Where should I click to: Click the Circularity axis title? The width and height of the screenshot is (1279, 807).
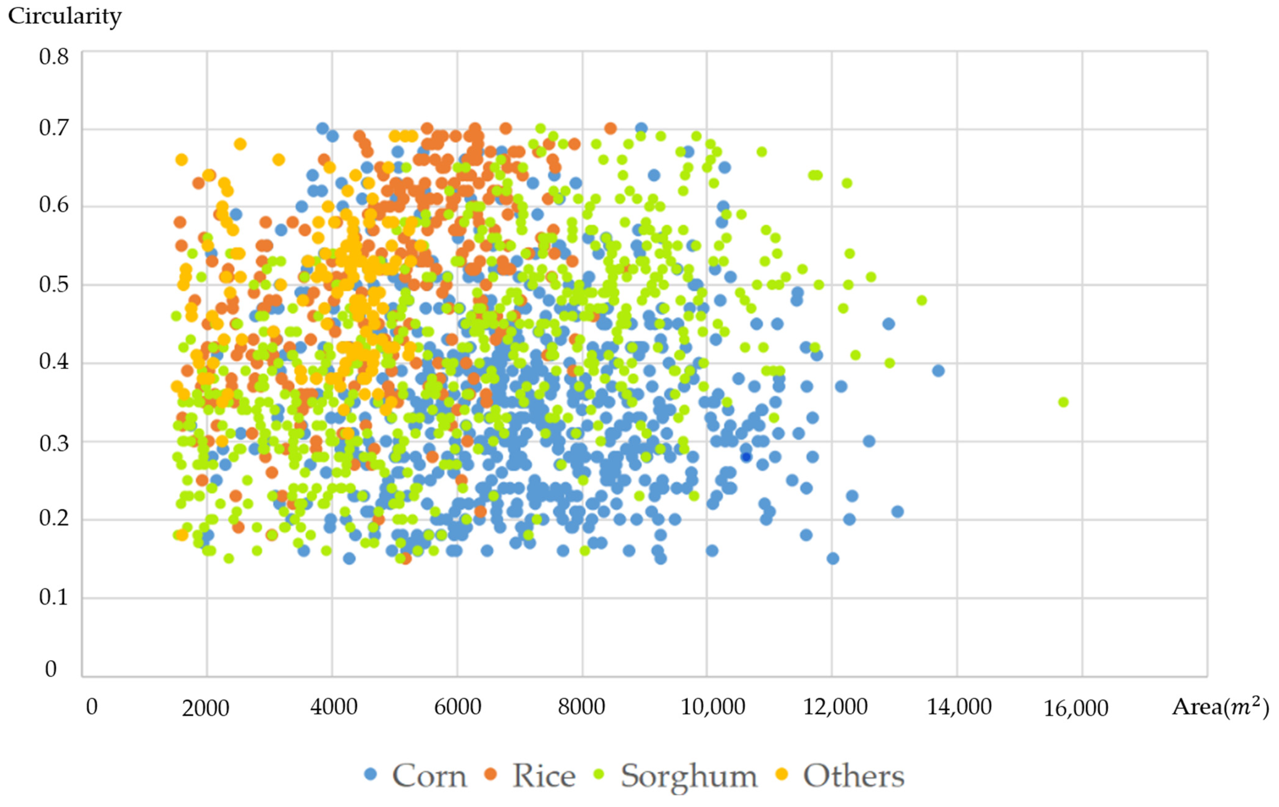(64, 16)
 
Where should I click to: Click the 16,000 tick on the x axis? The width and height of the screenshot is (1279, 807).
(1076, 708)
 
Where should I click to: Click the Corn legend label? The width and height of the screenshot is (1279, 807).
(429, 776)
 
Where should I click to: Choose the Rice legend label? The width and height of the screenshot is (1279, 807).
(543, 776)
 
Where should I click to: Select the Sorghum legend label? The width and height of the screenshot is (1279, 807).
(689, 776)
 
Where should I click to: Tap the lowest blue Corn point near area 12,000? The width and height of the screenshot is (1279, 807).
(833, 558)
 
